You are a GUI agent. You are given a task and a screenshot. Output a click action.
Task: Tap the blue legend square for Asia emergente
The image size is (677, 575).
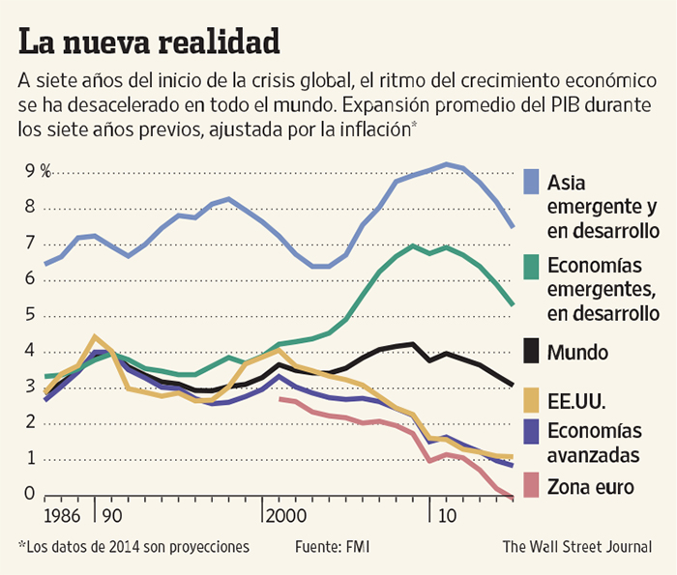pos(531,181)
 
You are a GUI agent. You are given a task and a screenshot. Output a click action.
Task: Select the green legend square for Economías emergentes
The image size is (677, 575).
pos(531,265)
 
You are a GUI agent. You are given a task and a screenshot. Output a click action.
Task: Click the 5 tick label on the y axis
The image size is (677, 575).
pos(30,315)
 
